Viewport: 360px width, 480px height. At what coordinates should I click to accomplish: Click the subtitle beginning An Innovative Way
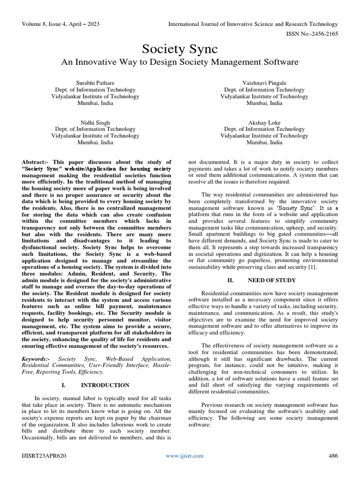[180, 62]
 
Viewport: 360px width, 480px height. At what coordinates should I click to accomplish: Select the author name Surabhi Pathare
[95, 82]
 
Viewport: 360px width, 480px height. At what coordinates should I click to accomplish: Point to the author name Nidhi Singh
[95, 121]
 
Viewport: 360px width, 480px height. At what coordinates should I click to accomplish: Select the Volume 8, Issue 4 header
[60, 24]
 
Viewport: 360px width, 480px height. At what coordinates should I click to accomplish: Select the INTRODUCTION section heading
[105, 385]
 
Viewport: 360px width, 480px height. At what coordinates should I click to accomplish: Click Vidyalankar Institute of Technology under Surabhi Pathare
[95, 96]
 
